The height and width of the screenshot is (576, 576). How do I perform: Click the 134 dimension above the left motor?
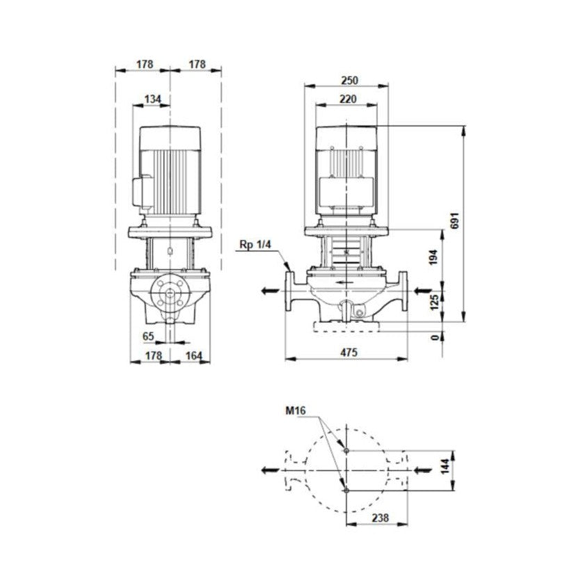pyautogui.click(x=152, y=99)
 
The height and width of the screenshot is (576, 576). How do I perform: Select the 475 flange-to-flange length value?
pyautogui.click(x=349, y=353)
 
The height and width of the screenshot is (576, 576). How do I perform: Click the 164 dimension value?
pyautogui.click(x=194, y=355)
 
